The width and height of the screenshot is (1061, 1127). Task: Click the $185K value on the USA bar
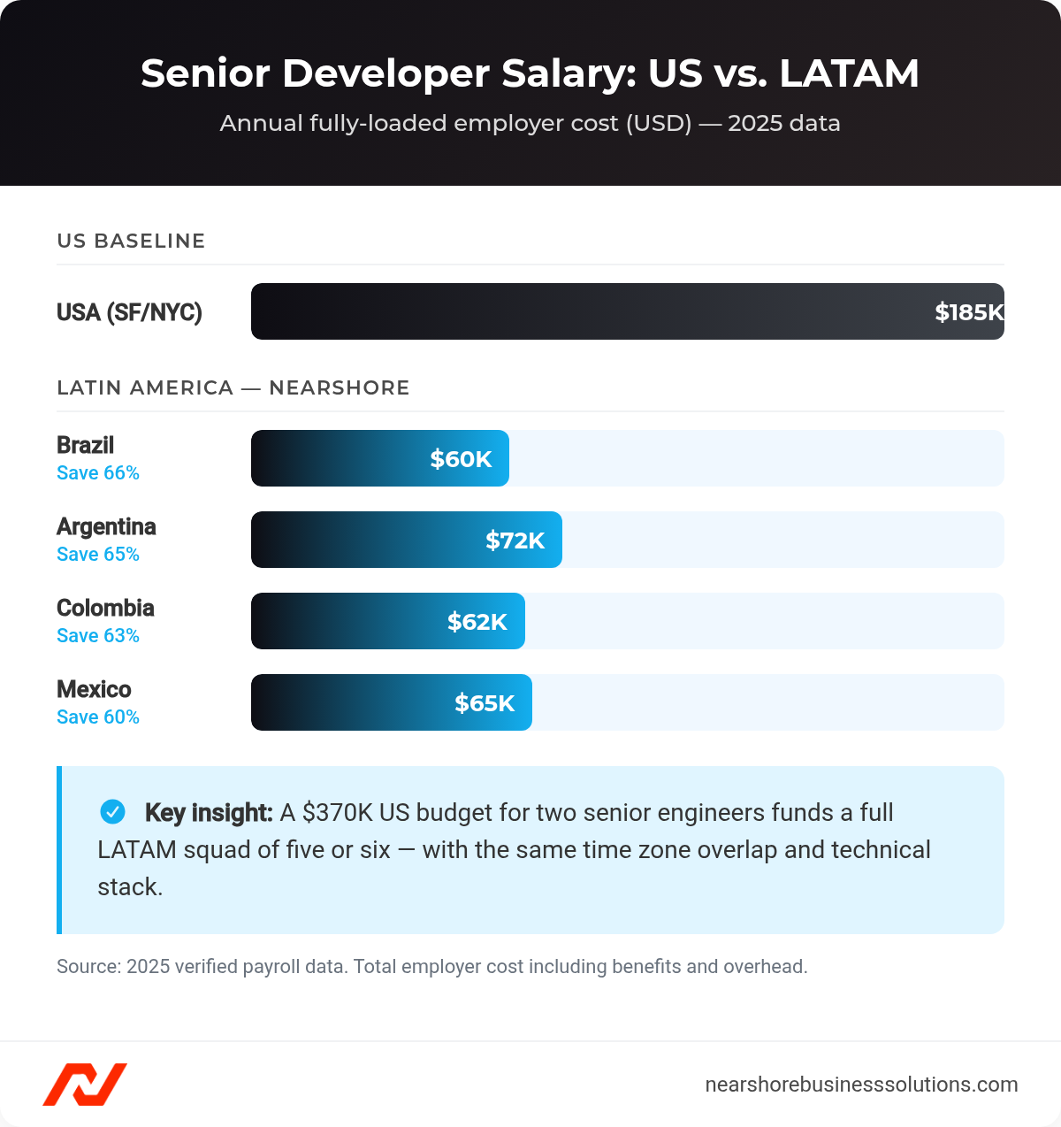pos(969,312)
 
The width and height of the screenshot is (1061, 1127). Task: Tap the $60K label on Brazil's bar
pos(461,459)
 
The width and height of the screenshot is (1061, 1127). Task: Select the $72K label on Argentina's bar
pos(515,540)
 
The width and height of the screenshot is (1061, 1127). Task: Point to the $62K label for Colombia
pos(477,622)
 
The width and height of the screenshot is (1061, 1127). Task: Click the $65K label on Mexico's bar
pos(485,703)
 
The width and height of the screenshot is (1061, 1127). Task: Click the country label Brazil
pos(85,445)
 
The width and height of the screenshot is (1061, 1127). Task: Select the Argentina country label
pos(106,526)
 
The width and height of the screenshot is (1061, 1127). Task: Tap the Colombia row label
pos(105,608)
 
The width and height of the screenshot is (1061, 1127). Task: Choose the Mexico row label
pos(94,689)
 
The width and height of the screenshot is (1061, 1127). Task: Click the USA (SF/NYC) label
pos(129,312)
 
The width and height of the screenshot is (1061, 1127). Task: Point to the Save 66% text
pos(98,473)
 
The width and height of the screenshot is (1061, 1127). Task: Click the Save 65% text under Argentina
pos(98,555)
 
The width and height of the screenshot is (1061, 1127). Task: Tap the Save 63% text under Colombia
pos(98,636)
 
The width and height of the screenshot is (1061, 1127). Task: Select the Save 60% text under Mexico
pos(98,717)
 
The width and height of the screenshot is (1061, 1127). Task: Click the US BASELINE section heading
pos(131,241)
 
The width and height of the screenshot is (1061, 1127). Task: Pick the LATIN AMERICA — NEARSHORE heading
pos(233,387)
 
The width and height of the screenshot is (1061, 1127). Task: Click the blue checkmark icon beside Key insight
pos(112,811)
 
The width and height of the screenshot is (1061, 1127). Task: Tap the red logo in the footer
pos(85,1084)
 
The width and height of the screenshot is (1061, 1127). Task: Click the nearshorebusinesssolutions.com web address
pos(861,1085)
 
